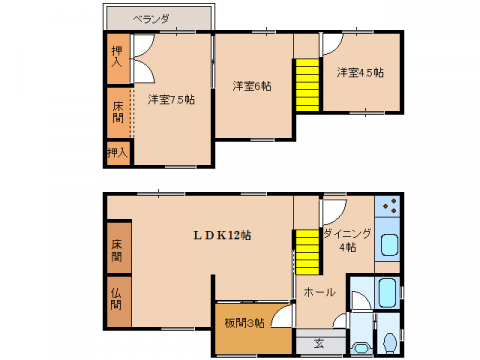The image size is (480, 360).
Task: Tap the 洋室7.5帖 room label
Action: pos(171,99)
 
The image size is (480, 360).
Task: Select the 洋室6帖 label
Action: pos(252,85)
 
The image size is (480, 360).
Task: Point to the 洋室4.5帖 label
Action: pos(359,72)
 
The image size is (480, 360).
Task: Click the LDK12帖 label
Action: pos(222,235)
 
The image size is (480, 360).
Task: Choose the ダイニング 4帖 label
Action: pos(347,240)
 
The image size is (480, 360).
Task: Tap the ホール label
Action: pos(319,293)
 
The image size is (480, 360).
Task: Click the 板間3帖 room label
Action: pos(244,323)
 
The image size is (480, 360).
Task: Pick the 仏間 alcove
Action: pos(117,298)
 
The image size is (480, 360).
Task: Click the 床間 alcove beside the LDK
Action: pos(117,250)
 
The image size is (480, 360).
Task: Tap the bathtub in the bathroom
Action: pos(388,294)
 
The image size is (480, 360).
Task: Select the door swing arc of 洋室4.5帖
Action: pos(331,44)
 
